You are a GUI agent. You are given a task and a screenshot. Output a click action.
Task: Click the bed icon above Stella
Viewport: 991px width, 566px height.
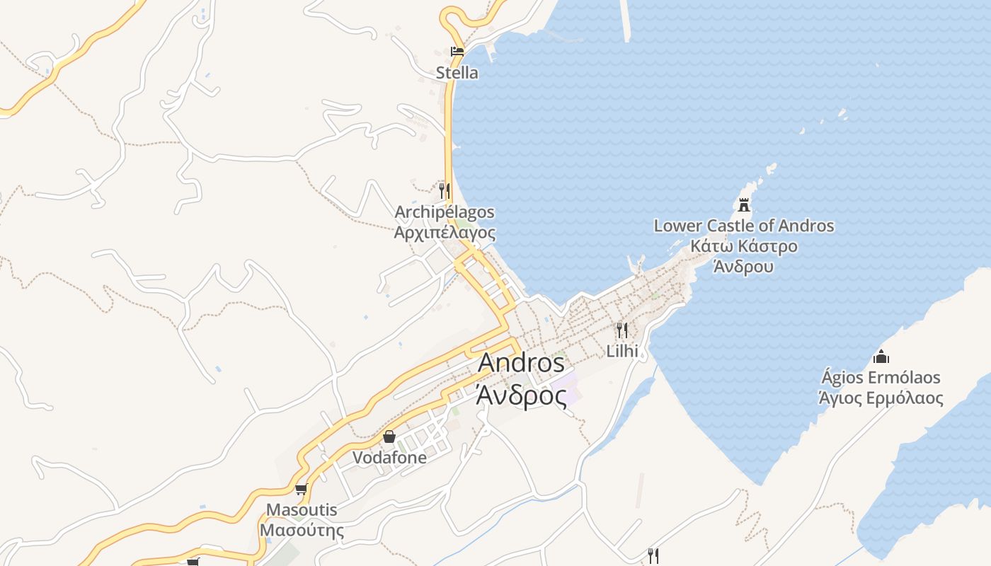pos(457,51)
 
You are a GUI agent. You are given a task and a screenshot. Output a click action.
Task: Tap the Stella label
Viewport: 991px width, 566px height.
pos(457,73)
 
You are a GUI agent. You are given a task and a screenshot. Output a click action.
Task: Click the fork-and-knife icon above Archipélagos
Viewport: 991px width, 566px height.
pos(444,190)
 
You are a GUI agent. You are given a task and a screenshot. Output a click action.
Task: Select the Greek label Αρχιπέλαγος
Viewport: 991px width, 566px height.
pos(445,233)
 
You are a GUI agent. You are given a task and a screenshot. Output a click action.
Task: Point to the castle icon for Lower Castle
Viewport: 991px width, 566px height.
pos(743,205)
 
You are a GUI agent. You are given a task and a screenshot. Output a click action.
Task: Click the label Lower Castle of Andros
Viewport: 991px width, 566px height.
pos(743,226)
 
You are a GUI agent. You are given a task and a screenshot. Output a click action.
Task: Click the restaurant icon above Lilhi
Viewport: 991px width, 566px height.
pos(621,330)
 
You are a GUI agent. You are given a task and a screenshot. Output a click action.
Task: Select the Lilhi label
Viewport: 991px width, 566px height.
pos(622,351)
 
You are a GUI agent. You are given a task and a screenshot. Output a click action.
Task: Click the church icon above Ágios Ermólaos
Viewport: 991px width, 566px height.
pos(881,356)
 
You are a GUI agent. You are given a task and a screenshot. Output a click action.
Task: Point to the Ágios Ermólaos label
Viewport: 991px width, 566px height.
pos(881,377)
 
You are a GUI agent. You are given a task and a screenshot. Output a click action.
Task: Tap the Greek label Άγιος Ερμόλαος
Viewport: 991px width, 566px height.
pos(881,398)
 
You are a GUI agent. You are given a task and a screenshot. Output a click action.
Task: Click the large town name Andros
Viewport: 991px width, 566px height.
pos(521,363)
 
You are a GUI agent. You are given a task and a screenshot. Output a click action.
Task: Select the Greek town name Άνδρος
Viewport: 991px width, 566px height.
pos(521,396)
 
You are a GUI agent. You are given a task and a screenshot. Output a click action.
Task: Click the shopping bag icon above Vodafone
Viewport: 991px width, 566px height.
pos(389,437)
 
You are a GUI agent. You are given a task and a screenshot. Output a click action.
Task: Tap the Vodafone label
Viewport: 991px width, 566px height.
pos(389,458)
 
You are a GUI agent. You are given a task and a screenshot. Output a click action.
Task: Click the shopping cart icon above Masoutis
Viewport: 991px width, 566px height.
pos(302,489)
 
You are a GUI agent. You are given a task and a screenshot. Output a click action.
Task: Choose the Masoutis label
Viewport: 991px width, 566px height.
pos(302,510)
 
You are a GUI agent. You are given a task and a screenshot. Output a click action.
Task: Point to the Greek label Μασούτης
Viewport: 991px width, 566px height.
pos(302,531)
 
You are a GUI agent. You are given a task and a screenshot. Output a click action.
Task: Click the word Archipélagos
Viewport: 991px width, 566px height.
pos(445,212)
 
